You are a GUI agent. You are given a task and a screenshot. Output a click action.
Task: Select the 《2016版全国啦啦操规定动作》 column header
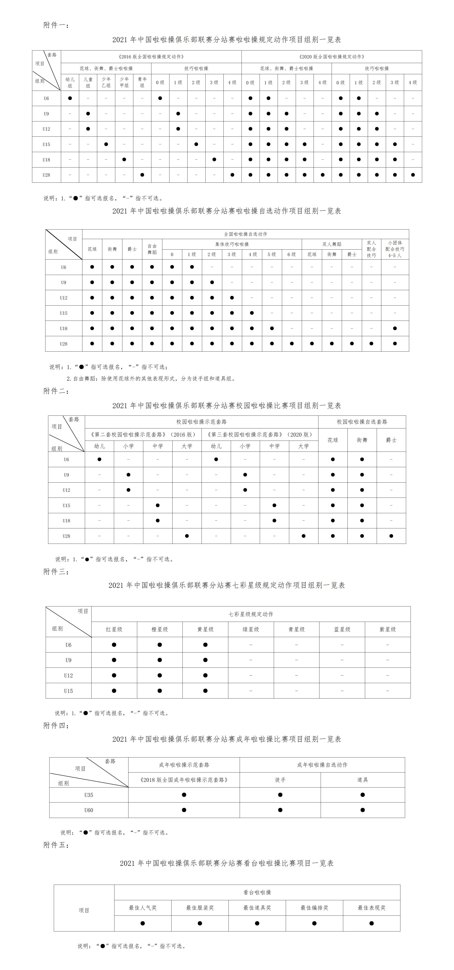[x=151, y=57]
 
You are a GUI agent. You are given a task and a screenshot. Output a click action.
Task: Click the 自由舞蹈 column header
[x=152, y=249]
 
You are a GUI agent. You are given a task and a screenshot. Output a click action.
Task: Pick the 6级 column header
[x=292, y=254]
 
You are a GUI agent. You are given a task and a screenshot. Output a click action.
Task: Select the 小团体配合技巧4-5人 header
[x=395, y=249]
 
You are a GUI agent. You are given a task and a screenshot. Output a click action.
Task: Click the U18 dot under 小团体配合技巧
[x=395, y=328]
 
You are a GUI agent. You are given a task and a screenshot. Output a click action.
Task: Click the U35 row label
[x=88, y=795]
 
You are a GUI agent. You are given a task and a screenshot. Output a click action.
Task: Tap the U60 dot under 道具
[x=362, y=810]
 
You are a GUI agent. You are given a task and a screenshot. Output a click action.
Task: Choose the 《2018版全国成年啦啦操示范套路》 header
[x=184, y=780]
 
